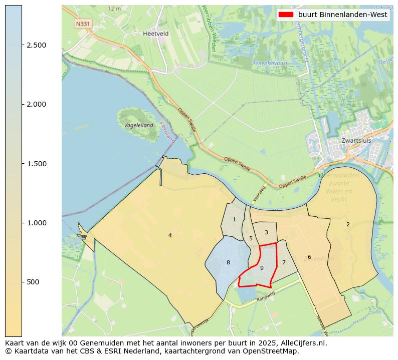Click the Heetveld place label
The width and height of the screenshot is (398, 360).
155,34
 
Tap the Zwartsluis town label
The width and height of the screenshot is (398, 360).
356,141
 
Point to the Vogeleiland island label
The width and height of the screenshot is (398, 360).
138,125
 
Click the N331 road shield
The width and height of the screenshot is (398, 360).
83,24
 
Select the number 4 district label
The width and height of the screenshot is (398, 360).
170,235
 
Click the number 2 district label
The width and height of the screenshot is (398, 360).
348,224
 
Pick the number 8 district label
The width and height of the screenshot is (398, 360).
228,262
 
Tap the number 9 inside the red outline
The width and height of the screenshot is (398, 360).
262,268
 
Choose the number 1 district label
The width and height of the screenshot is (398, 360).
234,219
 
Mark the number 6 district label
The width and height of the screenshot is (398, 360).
309,257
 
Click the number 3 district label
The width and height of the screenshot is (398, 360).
266,232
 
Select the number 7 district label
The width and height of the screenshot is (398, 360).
284,262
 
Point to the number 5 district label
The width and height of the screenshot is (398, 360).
251,238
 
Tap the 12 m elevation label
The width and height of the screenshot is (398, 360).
115,9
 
